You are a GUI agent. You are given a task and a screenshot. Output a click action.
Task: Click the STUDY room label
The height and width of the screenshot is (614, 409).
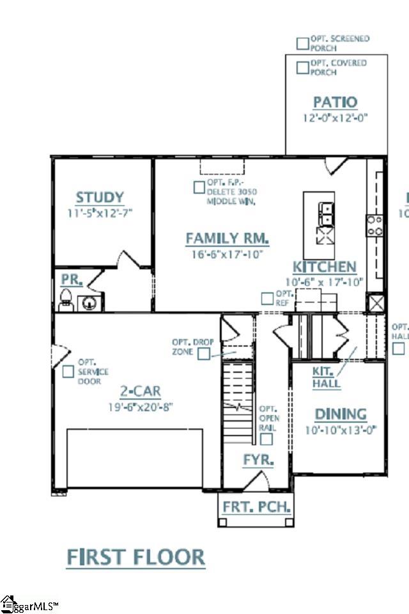point(100,198)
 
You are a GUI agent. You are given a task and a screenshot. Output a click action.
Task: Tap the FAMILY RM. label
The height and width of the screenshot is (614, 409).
point(227,239)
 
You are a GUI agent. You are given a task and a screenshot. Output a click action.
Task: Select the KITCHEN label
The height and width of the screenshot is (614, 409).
point(325,267)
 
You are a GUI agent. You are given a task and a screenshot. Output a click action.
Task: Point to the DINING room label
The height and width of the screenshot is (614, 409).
point(341,414)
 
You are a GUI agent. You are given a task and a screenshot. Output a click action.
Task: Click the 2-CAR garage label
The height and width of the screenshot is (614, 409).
point(141,391)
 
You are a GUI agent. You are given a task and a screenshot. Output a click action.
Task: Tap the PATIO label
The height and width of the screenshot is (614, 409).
point(336,102)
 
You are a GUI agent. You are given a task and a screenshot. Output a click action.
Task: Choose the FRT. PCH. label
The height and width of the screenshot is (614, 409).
point(257,507)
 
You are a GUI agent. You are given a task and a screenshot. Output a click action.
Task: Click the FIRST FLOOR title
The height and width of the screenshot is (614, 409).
point(136,557)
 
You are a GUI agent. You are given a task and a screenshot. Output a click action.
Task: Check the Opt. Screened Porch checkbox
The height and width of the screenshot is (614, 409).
point(302,43)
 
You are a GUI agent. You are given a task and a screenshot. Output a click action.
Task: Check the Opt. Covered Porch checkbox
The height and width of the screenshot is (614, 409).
point(302,67)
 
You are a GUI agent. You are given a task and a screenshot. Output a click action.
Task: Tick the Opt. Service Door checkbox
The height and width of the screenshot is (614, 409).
point(68,371)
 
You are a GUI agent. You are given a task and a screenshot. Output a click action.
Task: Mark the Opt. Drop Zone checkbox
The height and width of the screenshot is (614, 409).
point(204,354)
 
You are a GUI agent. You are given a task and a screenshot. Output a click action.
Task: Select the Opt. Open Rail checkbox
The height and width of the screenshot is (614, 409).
point(266,439)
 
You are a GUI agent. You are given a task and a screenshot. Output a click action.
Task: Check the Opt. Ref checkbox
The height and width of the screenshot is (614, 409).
point(266,298)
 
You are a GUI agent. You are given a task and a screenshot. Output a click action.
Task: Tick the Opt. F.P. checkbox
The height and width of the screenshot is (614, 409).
point(199,187)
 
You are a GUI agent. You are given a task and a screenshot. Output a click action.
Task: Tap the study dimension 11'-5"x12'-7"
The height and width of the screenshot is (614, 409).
point(100,212)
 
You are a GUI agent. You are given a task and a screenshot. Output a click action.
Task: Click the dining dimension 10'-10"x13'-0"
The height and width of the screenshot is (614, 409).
point(341,429)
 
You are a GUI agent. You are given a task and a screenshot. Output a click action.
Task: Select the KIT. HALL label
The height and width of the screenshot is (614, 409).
point(326,377)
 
